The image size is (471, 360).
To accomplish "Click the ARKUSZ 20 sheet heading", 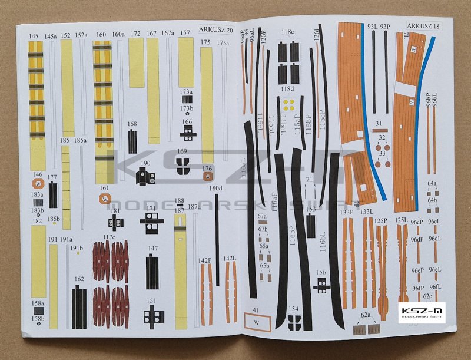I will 216,29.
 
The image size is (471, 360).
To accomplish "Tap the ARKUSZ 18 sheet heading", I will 423,26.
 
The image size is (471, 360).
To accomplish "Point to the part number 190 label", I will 145,163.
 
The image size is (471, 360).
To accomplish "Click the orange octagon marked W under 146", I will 38,184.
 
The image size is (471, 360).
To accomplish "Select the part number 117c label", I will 109,237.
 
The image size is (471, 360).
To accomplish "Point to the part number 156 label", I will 321,272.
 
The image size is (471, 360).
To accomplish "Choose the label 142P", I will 205,259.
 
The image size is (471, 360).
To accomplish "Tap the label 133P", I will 346,212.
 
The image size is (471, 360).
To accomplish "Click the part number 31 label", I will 379,123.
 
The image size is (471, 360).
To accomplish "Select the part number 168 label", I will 132,124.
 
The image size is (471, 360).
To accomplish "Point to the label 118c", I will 287,32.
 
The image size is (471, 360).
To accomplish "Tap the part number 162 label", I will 79,279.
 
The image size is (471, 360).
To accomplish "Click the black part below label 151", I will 152,317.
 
